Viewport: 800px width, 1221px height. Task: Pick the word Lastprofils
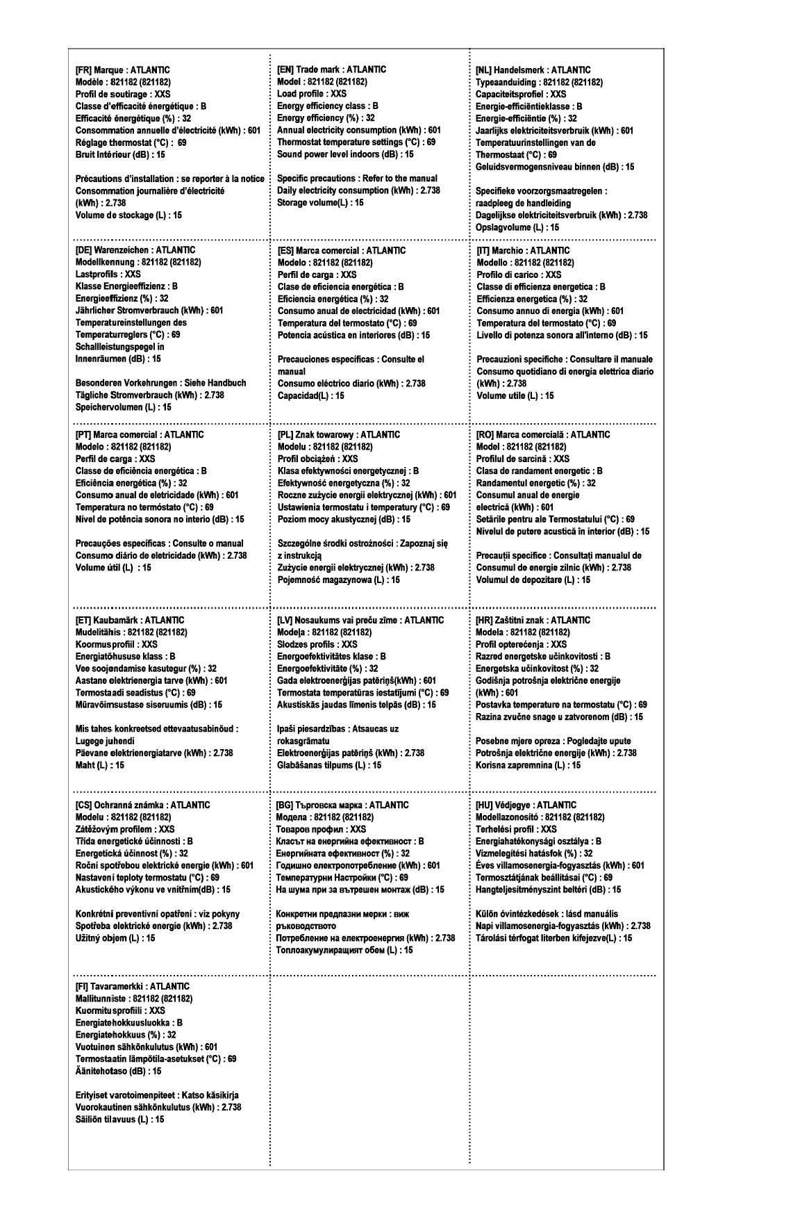point(95,274)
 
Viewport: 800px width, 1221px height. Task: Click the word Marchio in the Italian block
point(509,250)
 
